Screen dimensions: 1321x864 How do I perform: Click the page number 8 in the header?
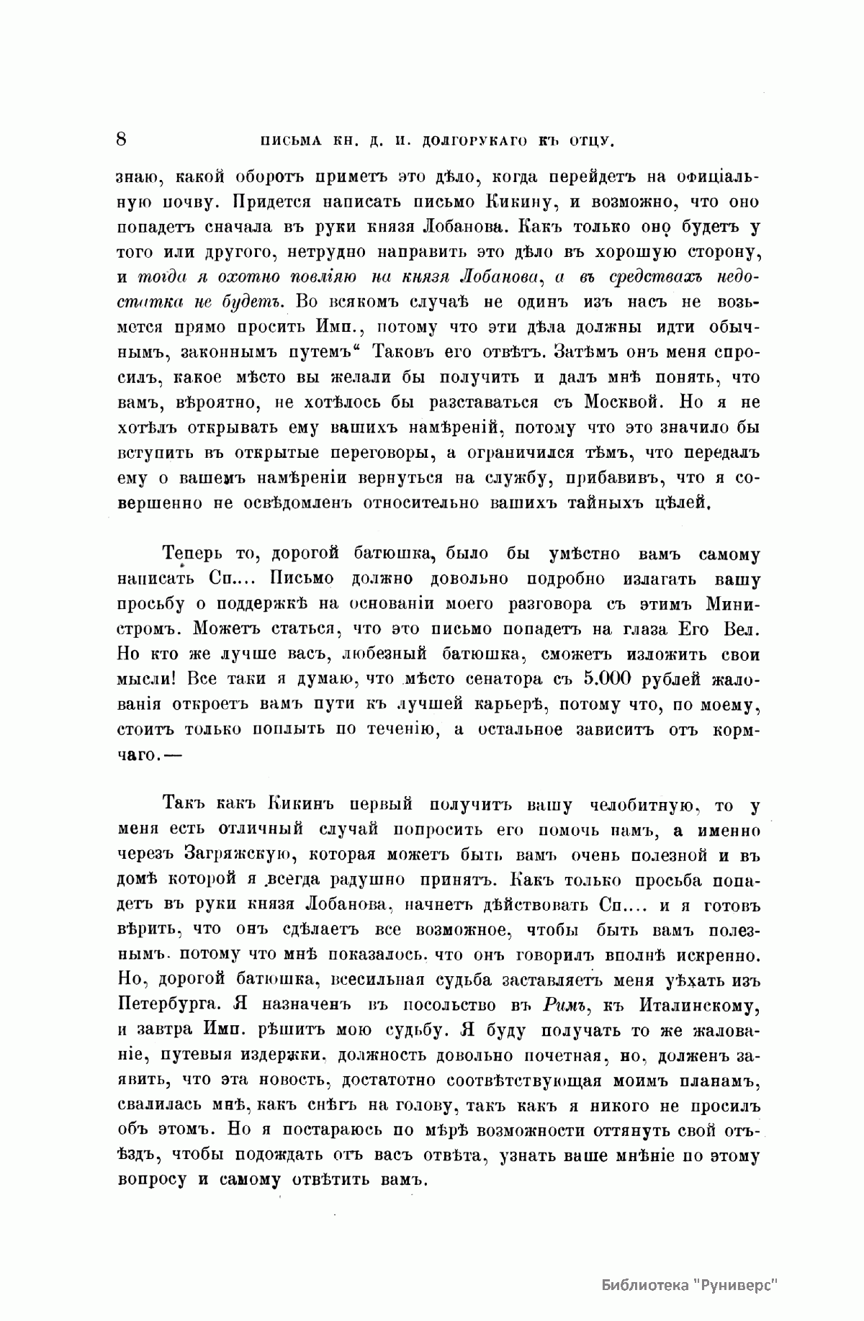point(120,139)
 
